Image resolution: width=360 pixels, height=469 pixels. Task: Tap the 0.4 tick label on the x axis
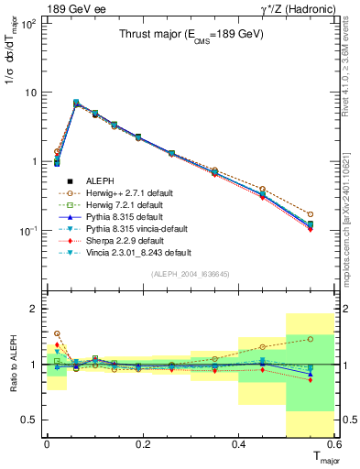coord(238,444)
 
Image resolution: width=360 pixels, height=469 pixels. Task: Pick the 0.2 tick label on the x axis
coord(143,444)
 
